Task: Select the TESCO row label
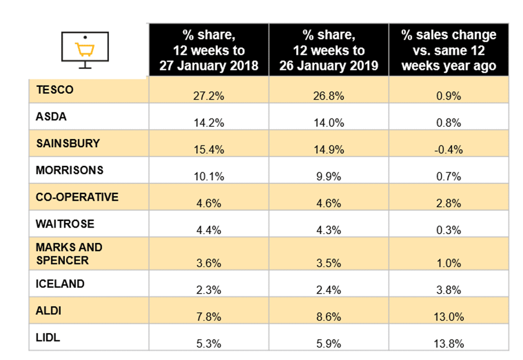55,89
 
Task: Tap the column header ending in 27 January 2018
208,50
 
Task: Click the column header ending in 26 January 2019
329,50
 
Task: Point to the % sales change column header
449,50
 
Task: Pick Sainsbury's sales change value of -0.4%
449,149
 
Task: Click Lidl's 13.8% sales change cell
449,344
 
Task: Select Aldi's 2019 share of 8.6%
329,317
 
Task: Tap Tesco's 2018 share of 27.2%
208,96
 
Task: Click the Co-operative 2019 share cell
329,203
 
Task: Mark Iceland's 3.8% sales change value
449,290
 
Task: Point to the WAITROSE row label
65,224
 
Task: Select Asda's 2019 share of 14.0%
329,122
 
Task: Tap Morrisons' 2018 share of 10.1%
208,177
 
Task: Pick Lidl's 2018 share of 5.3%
208,344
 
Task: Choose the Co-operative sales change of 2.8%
449,203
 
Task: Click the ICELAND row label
60,284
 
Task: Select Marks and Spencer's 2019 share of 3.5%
329,262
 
